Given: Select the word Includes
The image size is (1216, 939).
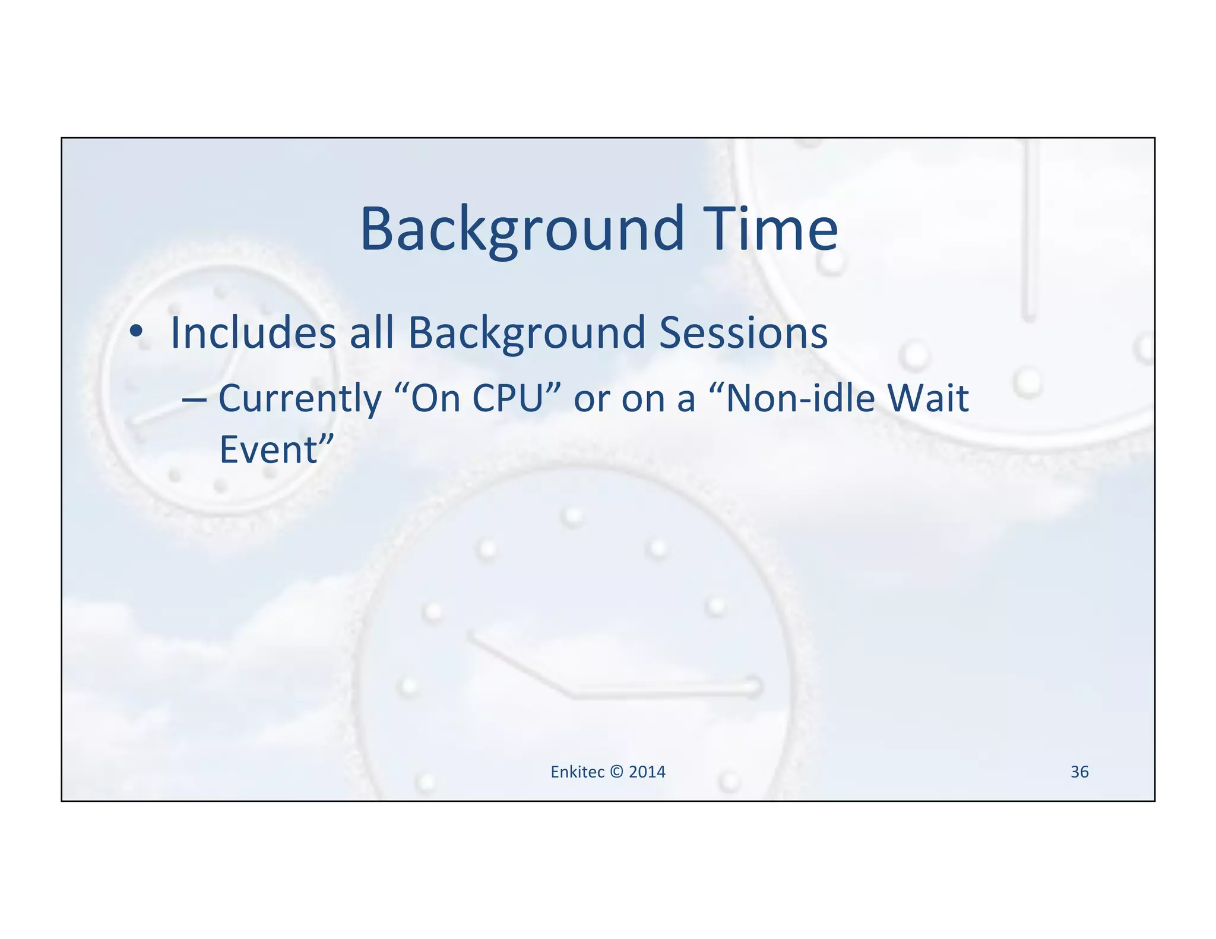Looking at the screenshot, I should (x=254, y=332).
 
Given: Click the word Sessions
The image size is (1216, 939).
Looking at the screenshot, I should (x=743, y=332).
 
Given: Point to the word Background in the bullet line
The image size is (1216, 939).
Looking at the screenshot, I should (x=527, y=332).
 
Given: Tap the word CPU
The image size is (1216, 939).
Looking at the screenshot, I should (x=508, y=398).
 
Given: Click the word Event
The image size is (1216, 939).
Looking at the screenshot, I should (x=269, y=450).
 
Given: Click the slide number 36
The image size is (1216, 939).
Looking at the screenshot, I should (x=1079, y=772).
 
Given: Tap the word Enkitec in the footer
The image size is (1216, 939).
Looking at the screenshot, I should (x=577, y=772).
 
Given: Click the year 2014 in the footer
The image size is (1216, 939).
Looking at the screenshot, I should (x=647, y=772).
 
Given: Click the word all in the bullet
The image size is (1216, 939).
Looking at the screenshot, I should (x=372, y=332).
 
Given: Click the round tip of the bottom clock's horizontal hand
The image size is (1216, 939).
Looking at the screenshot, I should (x=752, y=687).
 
